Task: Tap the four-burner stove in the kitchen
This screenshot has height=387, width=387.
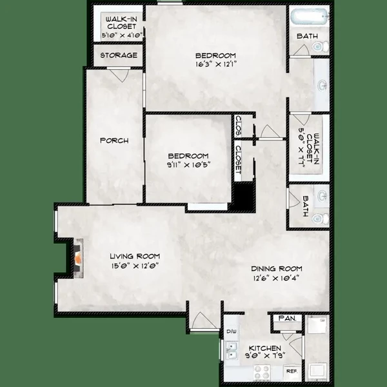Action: click(x=261, y=372)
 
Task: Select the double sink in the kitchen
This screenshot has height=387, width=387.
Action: click(x=230, y=351)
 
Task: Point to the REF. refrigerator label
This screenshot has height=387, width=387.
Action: click(x=291, y=372)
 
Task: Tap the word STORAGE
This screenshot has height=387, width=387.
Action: click(x=119, y=55)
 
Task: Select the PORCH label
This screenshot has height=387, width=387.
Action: click(x=114, y=141)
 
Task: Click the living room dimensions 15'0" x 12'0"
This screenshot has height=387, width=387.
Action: click(x=134, y=265)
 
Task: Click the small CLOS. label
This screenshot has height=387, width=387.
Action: click(x=238, y=123)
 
